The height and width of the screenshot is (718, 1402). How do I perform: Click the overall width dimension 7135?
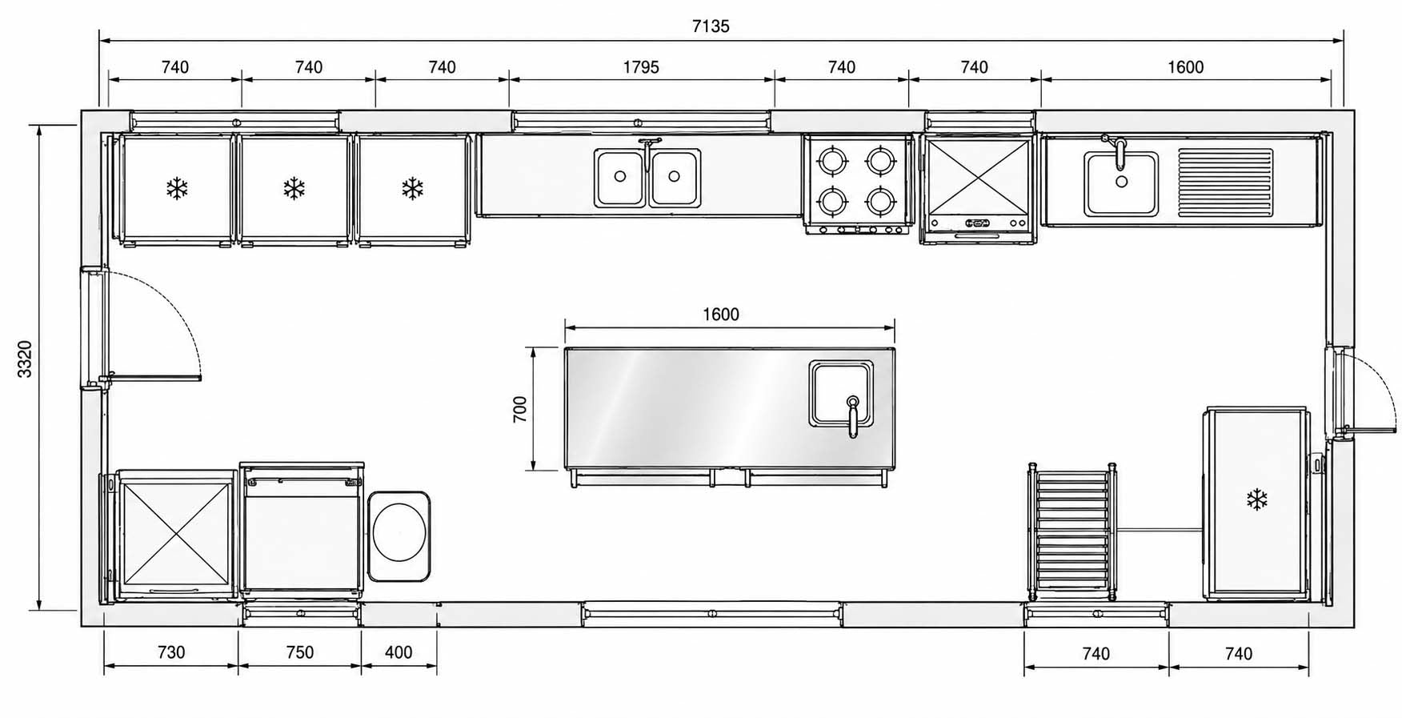click(711, 26)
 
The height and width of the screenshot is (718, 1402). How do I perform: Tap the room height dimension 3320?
click(25, 359)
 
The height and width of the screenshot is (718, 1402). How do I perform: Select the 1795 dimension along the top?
click(641, 67)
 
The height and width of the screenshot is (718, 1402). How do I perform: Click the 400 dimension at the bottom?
click(399, 652)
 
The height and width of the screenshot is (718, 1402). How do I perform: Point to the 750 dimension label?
click(299, 652)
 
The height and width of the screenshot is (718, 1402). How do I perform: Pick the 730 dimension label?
click(171, 652)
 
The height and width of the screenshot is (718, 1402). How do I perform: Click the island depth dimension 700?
click(520, 409)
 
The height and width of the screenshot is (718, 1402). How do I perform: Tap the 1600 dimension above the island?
click(721, 315)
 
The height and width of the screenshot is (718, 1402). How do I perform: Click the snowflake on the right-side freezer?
click(1257, 500)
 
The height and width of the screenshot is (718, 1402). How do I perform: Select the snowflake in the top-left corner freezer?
click(177, 189)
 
